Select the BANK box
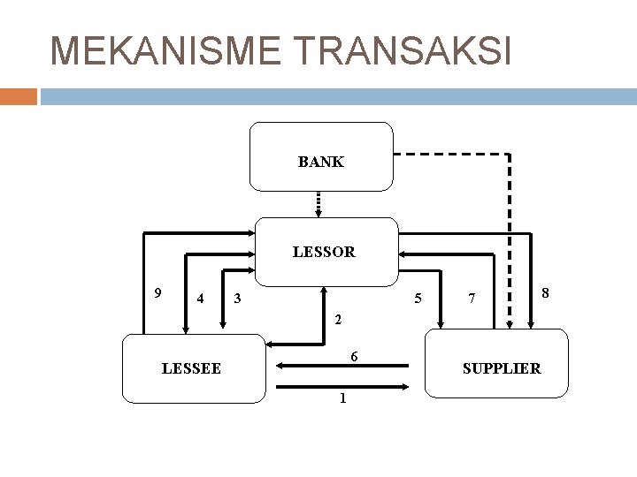321,157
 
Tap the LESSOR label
324,252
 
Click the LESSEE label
192,367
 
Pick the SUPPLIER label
502,367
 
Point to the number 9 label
157,292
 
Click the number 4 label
202,298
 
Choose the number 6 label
353,356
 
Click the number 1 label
342,399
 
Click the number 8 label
546,292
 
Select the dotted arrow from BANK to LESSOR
320,204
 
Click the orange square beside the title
19,95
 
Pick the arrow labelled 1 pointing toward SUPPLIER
342,387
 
